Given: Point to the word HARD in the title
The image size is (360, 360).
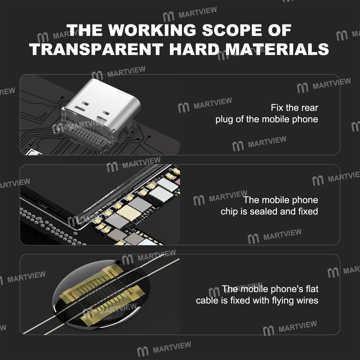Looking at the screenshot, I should coord(190,49).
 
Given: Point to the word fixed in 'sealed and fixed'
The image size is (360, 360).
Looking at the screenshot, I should coord(308,211).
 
